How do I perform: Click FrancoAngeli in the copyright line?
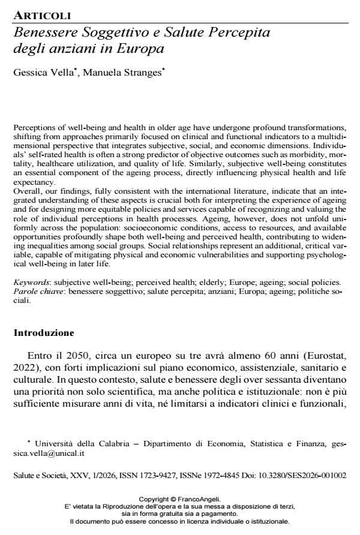[x=200, y=499]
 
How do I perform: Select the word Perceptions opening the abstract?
[x=34, y=128]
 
